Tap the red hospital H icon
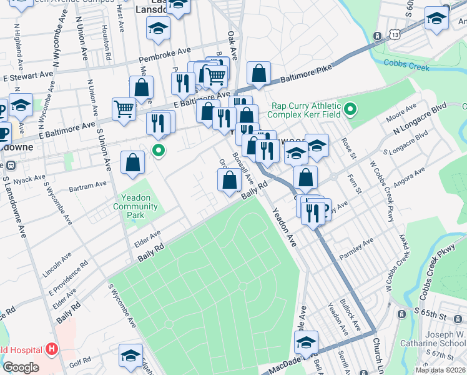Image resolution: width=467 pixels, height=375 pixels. click(52, 349)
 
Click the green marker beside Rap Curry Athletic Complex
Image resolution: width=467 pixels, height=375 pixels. click(350, 110)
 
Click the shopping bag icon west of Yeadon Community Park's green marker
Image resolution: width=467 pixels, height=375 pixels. click(133, 164)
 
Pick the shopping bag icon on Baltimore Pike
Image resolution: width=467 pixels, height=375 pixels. click(258, 73)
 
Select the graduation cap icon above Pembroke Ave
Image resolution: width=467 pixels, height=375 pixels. click(158, 27)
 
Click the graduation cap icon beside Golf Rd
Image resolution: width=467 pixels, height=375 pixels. click(130, 355)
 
